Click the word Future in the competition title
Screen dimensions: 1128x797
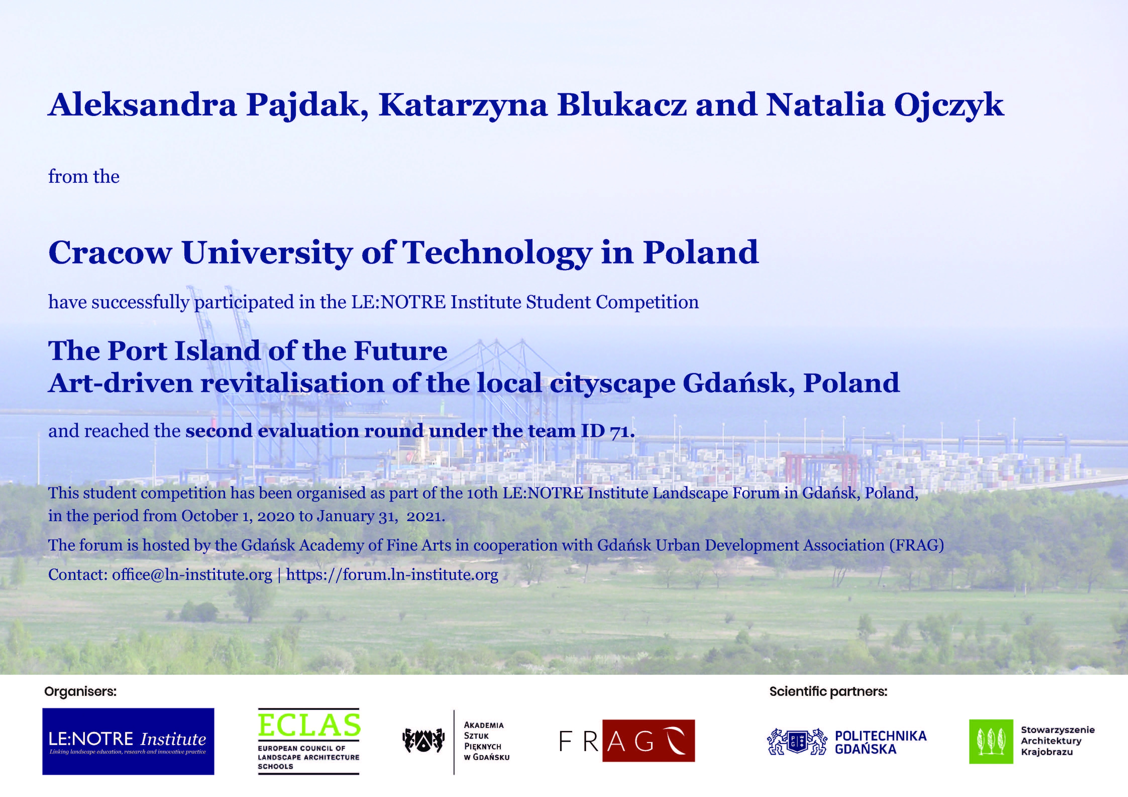pos(400,351)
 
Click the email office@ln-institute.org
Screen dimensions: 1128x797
pos(192,575)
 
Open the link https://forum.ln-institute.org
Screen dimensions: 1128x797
pos(392,575)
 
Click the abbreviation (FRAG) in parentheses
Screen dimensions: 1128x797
pos(917,545)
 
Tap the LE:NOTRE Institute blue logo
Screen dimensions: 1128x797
pos(128,742)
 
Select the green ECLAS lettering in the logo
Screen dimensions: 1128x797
pos(309,725)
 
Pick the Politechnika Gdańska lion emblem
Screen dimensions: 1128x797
pos(797,742)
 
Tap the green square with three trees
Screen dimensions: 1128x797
pos(991,742)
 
